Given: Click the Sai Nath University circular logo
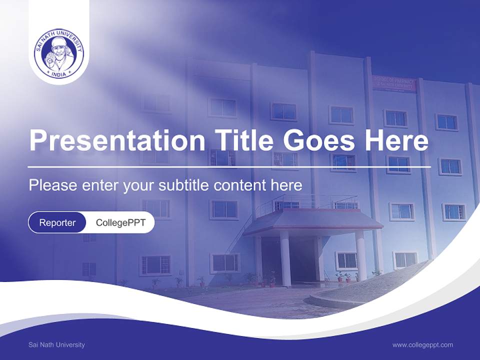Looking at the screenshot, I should [x=59, y=53].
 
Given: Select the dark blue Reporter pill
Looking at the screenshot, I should [x=57, y=222].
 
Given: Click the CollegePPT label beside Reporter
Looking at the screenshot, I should [x=120, y=222].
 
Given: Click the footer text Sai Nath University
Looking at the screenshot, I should [x=56, y=344].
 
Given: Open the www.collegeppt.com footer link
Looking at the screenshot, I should [x=422, y=344].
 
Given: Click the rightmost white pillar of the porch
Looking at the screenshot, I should [x=360, y=255].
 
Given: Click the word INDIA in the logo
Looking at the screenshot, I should [x=59, y=74].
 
